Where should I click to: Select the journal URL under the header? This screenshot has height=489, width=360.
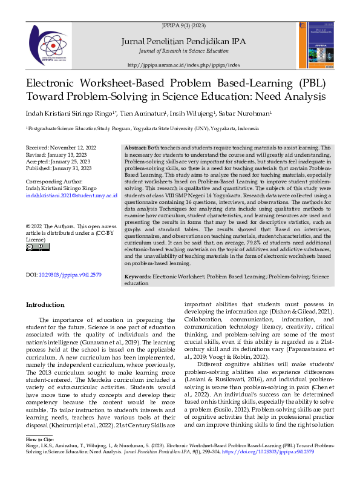[185, 65]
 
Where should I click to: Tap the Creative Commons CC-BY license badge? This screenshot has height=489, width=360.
[38, 247]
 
